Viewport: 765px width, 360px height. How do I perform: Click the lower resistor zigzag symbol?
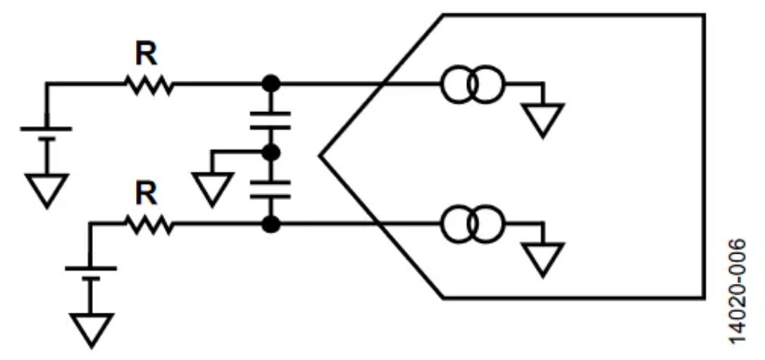tap(149, 225)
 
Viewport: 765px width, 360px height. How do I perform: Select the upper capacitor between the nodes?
tap(270, 120)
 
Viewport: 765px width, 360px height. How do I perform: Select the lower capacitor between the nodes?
tap(270, 189)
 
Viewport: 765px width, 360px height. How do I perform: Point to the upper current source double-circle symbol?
tap(473, 84)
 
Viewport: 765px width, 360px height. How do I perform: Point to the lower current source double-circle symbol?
tap(473, 225)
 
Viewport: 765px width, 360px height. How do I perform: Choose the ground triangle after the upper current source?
tap(543, 118)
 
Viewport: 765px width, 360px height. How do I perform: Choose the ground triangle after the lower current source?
tap(543, 258)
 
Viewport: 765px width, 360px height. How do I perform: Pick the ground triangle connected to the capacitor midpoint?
tap(211, 187)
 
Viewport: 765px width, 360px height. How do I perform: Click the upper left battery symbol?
tap(46, 134)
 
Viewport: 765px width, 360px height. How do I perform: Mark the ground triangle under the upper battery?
tap(46, 189)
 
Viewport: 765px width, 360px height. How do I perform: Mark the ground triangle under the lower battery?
tap(90, 329)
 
